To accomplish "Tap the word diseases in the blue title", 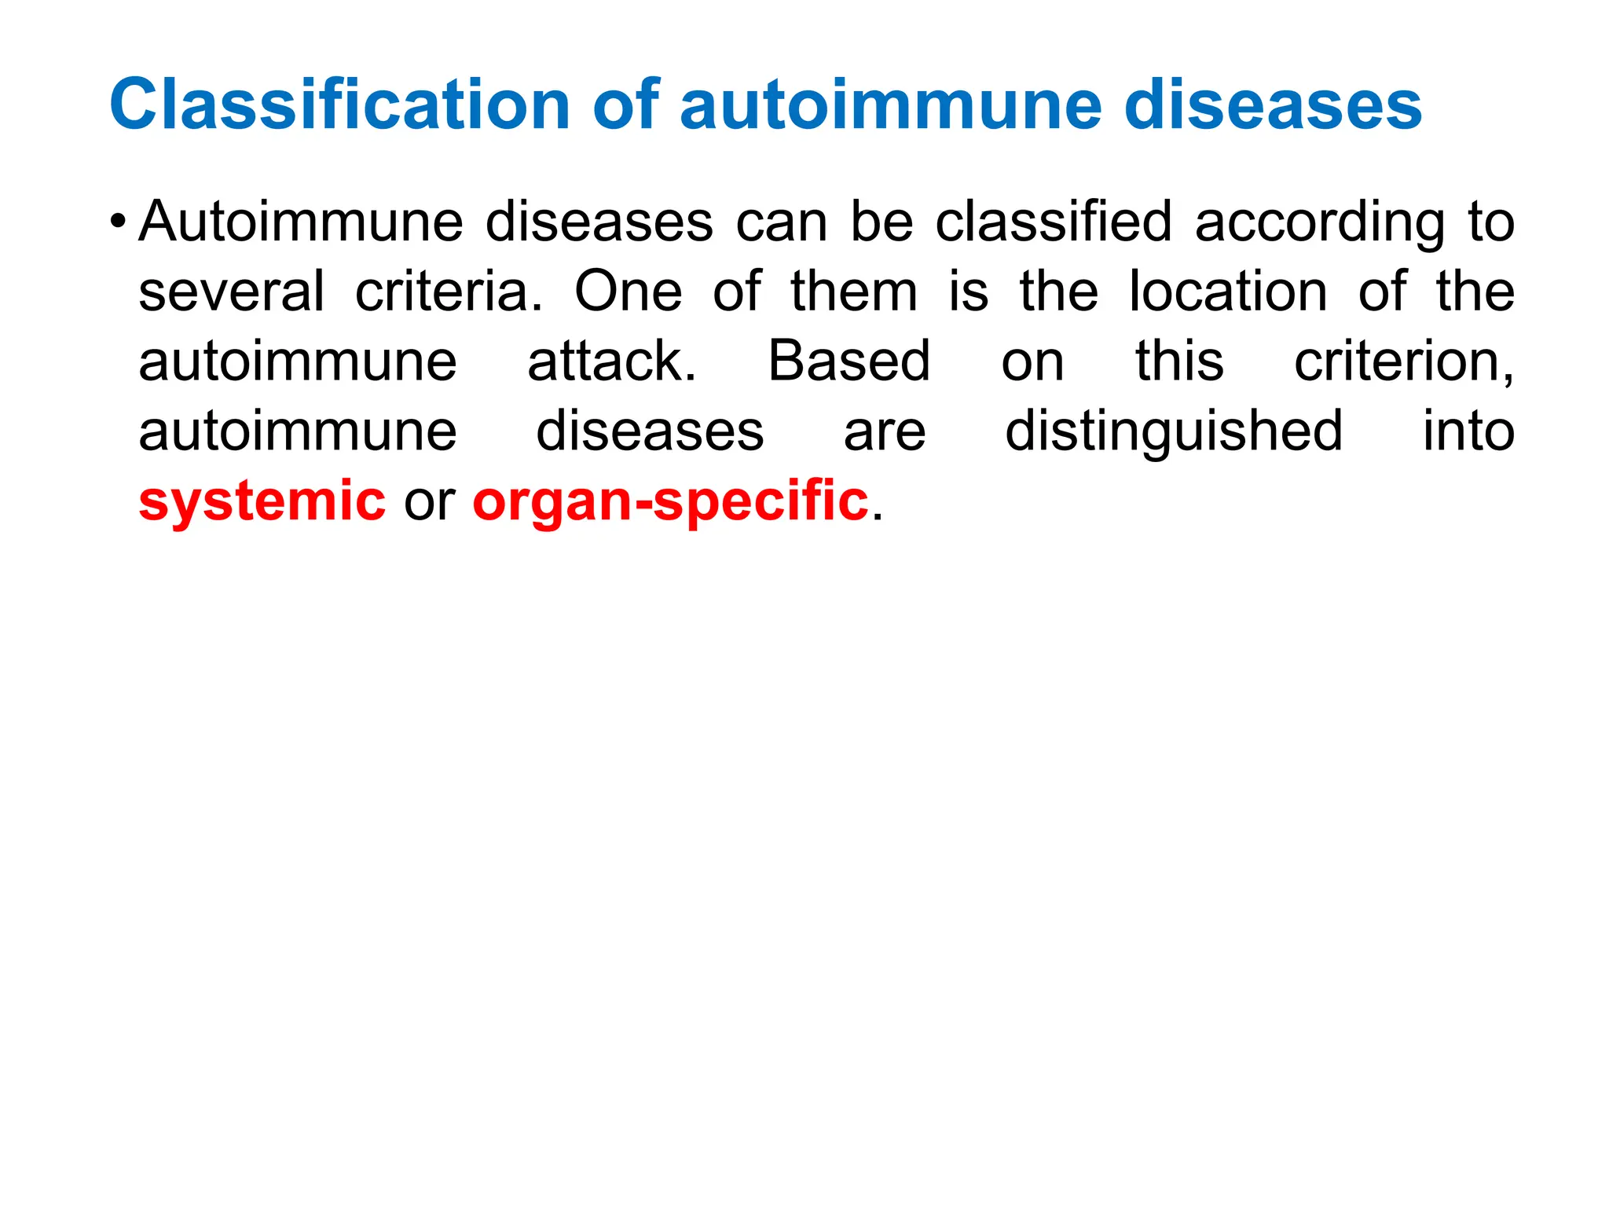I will [x=1273, y=105].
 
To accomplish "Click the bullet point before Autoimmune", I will [x=117, y=219].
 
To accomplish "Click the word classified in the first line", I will [x=1054, y=222].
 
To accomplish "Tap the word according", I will [x=1320, y=223].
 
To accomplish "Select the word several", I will [x=231, y=292].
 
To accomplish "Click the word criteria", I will [x=449, y=292].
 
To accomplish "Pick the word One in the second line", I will [x=629, y=292].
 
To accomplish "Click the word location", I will [x=1228, y=292].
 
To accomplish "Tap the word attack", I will [x=611, y=361].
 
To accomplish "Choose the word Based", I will [x=848, y=361].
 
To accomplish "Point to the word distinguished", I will [x=1174, y=432].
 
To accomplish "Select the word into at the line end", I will [x=1468, y=431].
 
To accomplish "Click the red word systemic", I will [x=262, y=501].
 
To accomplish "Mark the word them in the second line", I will [x=854, y=292].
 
